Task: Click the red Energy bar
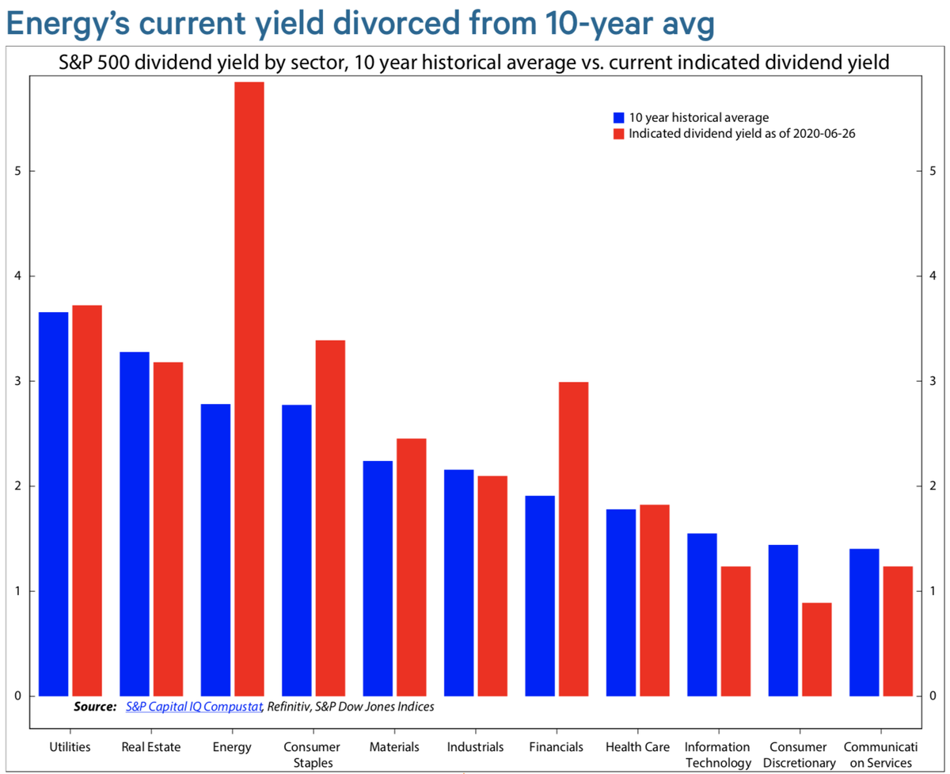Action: click(x=249, y=389)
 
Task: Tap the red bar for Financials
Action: click(x=573, y=539)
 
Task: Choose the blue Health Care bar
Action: click(x=621, y=602)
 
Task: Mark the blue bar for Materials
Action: click(x=378, y=578)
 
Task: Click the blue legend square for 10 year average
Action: click(x=619, y=117)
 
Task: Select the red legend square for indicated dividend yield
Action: click(x=619, y=134)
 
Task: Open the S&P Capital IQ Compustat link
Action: click(x=194, y=706)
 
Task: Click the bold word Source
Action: click(x=94, y=706)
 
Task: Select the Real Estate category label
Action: click(x=151, y=746)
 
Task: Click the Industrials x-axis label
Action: click(x=475, y=746)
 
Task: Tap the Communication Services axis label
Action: click(x=880, y=754)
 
